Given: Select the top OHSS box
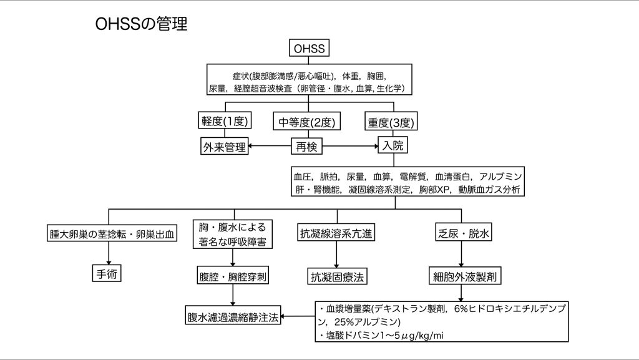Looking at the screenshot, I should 310,48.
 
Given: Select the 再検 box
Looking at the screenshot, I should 308,147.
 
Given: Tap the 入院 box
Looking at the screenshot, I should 391,147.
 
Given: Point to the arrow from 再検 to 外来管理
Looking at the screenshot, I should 268,147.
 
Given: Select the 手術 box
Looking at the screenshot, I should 104,274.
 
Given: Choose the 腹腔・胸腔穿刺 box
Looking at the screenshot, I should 233,275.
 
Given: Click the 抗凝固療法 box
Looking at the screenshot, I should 338,275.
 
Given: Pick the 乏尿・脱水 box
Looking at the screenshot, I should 461,235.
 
